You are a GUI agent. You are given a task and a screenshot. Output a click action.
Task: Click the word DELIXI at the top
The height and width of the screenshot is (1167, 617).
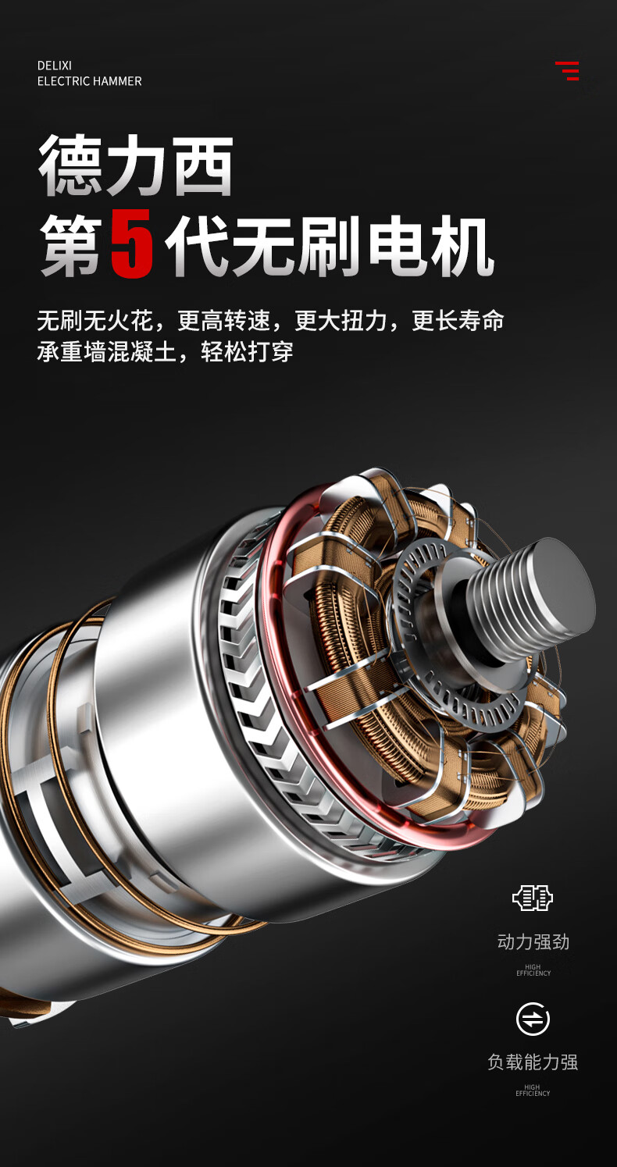pos(54,66)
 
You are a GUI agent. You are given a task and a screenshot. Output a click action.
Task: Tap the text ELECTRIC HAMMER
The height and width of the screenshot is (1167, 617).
pos(89,81)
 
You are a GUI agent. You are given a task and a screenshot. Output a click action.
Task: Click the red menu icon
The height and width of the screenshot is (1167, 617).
pos(568,70)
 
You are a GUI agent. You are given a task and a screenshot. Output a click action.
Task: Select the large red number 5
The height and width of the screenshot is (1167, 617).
pos(132,244)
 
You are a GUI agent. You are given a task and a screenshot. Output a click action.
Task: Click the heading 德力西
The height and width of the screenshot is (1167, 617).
pos(135,165)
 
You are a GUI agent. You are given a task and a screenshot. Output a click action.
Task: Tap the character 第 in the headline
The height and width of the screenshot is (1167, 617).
pos(71,245)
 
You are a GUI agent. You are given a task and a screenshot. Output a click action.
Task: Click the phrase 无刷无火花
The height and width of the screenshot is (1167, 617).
pos(95,320)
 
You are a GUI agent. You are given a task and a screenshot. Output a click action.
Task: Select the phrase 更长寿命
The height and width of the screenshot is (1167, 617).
pos(458,320)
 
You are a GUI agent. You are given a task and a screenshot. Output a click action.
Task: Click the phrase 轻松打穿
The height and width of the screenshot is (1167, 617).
pos(247,352)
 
